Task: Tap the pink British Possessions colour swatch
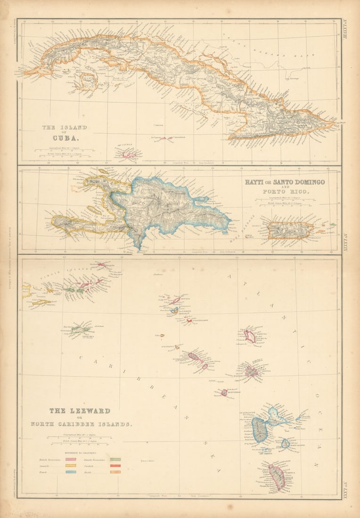click(x=71, y=459)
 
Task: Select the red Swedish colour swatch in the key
click(x=115, y=465)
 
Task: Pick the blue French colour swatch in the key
click(x=71, y=471)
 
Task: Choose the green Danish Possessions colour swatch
click(x=115, y=459)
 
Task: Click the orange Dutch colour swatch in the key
click(x=115, y=471)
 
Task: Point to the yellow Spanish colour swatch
click(x=71, y=465)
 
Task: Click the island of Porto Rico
click(x=290, y=230)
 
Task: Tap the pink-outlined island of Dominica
click(x=277, y=477)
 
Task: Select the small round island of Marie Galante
click(x=286, y=443)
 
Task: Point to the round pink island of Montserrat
click(x=224, y=392)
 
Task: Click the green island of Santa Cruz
click(x=82, y=330)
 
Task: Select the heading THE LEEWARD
click(x=80, y=411)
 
